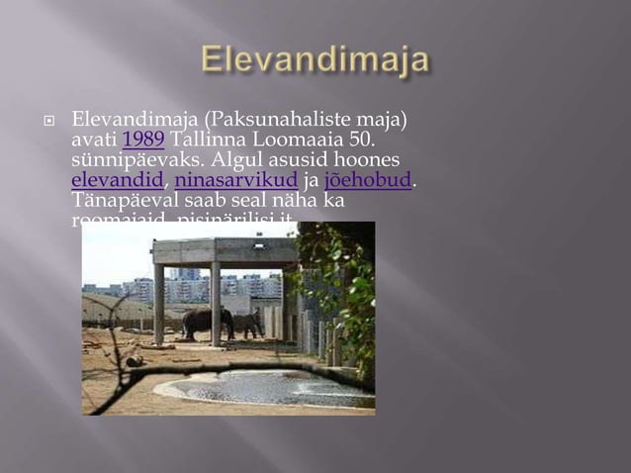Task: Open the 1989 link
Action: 143,141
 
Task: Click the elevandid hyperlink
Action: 117,181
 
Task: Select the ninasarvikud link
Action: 235,181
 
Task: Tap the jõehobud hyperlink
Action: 367,181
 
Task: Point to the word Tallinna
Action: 212,141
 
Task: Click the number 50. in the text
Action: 354,141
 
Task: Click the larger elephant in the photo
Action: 207,322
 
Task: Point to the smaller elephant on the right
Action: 248,323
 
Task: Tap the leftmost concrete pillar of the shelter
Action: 159,302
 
